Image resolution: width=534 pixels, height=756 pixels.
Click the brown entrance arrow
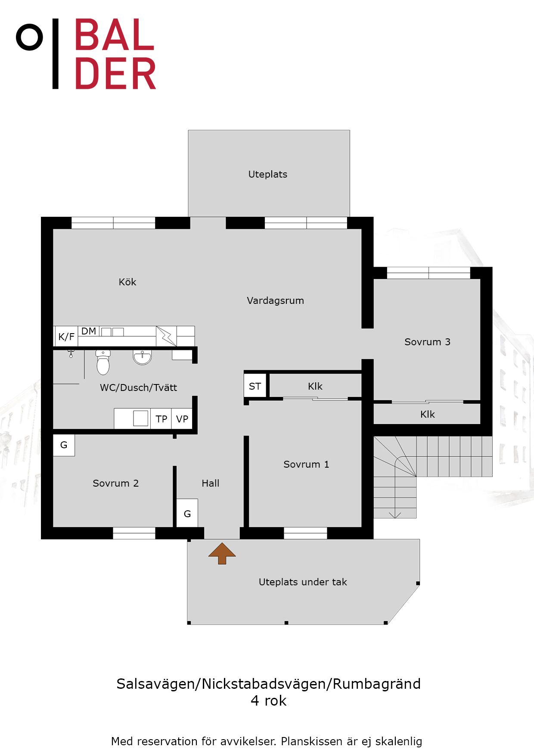[222, 553]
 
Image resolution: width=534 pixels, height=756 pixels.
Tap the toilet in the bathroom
[103, 362]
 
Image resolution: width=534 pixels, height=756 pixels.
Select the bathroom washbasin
[143, 357]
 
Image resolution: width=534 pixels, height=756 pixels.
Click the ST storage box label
[255, 386]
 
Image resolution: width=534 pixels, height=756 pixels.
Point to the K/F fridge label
[66, 337]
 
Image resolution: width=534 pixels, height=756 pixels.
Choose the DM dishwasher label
[89, 331]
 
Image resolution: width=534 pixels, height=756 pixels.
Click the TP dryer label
[161, 419]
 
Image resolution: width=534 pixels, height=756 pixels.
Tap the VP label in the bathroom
[182, 419]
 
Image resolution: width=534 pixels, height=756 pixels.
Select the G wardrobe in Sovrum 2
[64, 445]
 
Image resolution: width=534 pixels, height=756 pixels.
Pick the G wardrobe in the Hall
[187, 513]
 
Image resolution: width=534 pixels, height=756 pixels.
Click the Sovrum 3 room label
[427, 342]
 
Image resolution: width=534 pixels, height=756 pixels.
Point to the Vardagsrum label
[276, 300]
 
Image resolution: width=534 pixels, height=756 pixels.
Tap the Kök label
[127, 282]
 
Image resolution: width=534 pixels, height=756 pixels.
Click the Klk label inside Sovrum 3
[428, 414]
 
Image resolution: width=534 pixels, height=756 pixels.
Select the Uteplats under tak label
[303, 582]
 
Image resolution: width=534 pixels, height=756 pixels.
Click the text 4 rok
[269, 701]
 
